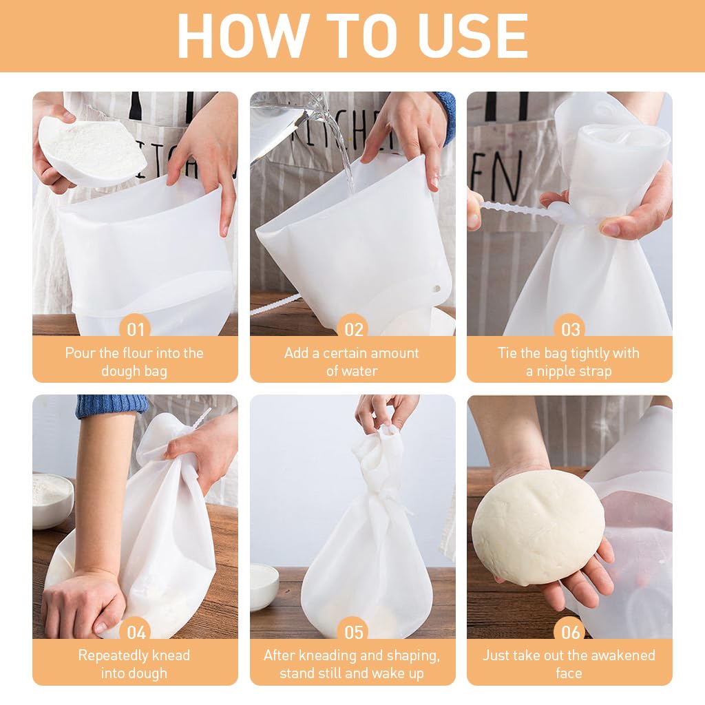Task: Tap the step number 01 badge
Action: [x=136, y=329]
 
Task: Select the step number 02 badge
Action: [x=353, y=329]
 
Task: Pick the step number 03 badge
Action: [x=570, y=329]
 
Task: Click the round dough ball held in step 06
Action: [x=538, y=527]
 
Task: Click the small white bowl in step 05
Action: [x=264, y=585]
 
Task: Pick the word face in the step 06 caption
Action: [x=569, y=673]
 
